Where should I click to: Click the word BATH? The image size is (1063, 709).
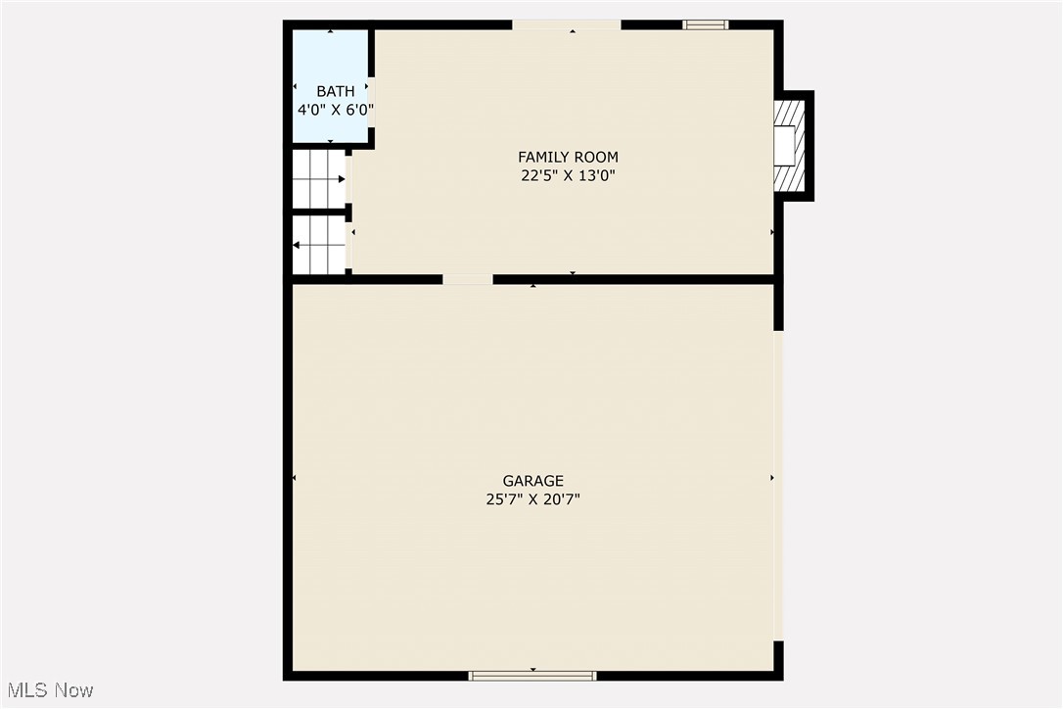(335, 91)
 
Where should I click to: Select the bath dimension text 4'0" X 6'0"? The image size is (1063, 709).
(335, 110)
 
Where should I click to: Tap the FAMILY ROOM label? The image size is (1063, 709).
(568, 157)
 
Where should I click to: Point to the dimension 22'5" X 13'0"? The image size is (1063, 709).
(568, 176)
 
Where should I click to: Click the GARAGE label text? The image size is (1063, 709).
(532, 481)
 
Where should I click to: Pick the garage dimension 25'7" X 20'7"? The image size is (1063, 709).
(532, 499)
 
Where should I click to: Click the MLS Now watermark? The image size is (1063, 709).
(48, 690)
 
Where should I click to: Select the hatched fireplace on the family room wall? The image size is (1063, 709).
(789, 146)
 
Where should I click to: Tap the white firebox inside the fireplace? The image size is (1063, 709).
(784, 146)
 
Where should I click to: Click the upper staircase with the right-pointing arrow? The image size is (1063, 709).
(319, 179)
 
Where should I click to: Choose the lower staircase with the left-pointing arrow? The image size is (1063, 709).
(319, 245)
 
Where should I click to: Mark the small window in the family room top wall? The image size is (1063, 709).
(705, 24)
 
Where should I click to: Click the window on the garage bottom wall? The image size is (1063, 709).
(532, 675)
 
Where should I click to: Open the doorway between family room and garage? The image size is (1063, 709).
(467, 279)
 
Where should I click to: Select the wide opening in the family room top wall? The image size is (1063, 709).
(567, 24)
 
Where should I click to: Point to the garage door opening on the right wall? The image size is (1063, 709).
(779, 485)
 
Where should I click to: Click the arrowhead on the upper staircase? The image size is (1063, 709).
(341, 179)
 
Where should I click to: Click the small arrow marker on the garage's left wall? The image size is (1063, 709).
(295, 478)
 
